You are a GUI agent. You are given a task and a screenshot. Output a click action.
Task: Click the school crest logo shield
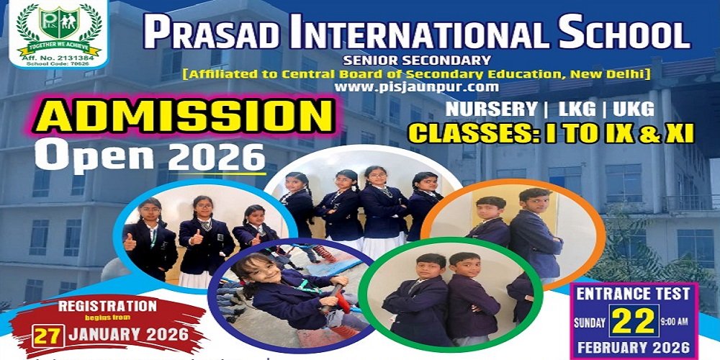tap(58, 22)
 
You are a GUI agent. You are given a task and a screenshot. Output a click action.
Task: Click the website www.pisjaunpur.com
tap(416, 86)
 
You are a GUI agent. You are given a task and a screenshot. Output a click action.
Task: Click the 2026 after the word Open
tap(217, 157)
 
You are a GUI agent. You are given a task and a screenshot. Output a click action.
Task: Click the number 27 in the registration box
tap(48, 336)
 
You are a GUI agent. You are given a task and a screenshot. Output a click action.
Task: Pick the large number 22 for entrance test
tap(634, 321)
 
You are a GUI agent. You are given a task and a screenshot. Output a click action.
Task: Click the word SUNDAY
tap(590, 323)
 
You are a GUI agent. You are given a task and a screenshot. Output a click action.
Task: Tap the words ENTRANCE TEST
tap(633, 294)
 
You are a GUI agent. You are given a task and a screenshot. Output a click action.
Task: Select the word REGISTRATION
tap(108, 306)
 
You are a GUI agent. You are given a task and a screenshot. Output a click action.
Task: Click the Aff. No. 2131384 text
tap(58, 58)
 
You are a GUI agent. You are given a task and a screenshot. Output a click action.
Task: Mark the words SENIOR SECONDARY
tap(417, 60)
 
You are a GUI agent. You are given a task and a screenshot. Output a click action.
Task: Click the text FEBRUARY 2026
tap(634, 347)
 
